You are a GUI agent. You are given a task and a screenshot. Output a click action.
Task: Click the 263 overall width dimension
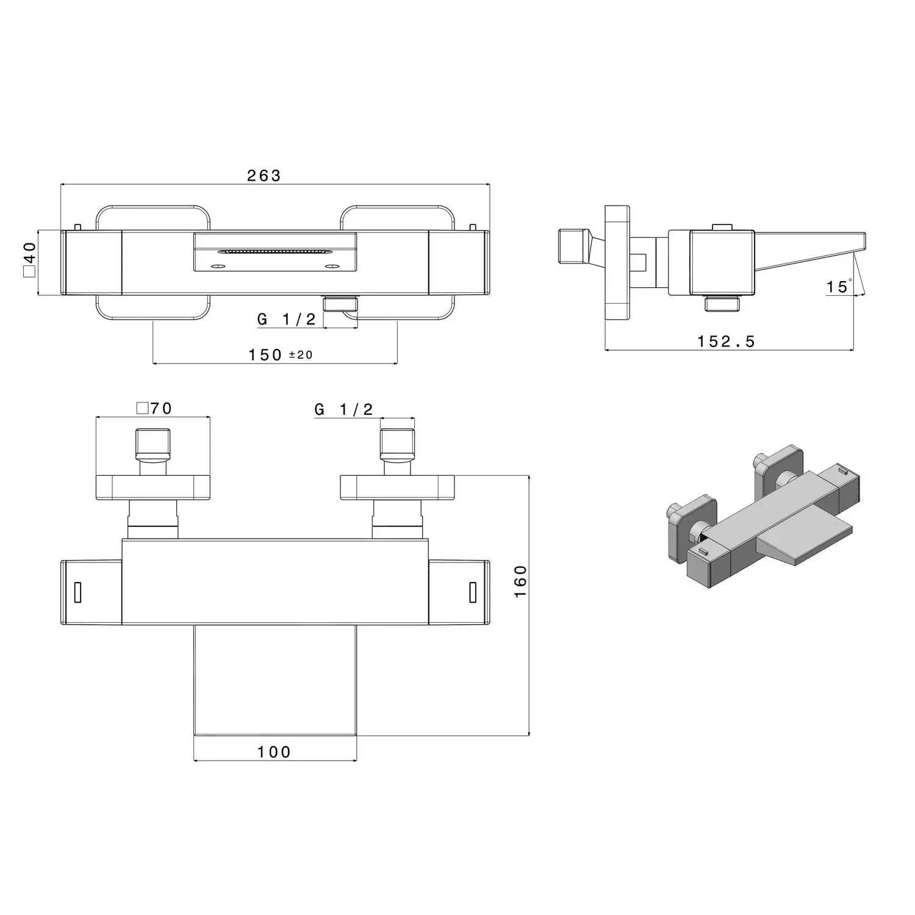coord(264,176)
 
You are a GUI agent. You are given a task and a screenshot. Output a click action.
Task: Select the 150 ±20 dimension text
coord(281,354)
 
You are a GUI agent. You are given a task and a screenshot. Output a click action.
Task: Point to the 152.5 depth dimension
coord(726,341)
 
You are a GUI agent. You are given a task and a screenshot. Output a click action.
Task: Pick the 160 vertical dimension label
coord(520,581)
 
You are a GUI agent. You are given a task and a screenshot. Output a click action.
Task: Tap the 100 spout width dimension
coord(274,752)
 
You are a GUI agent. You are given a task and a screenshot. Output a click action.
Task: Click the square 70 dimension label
coord(154,408)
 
